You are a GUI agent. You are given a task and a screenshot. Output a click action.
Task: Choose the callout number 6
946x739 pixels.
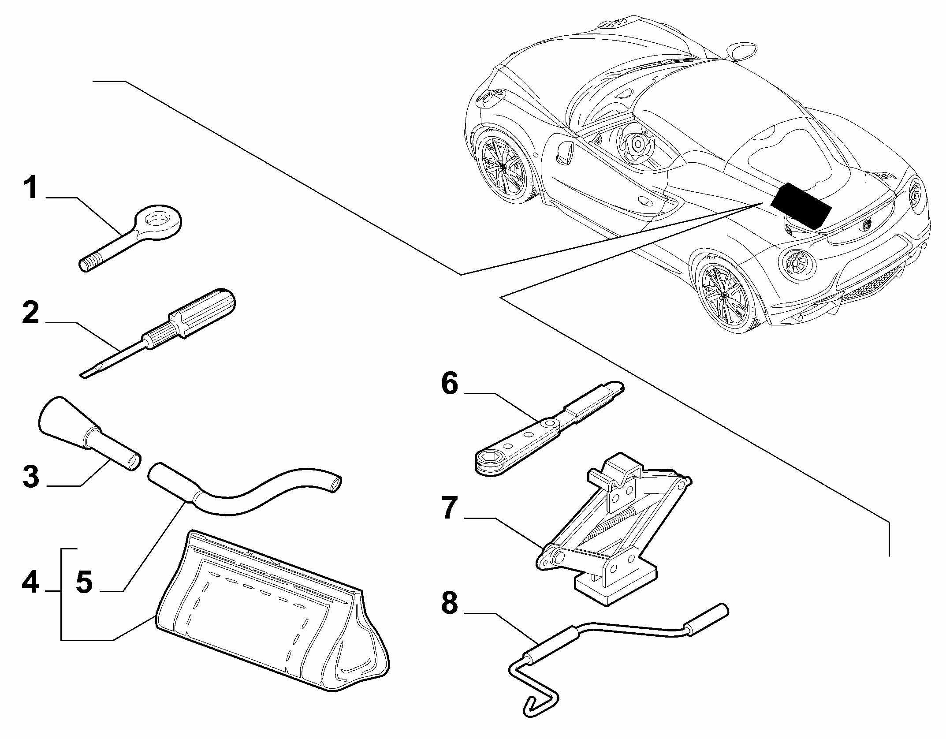(x=450, y=384)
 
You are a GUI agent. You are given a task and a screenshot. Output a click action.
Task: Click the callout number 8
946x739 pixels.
(x=450, y=602)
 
